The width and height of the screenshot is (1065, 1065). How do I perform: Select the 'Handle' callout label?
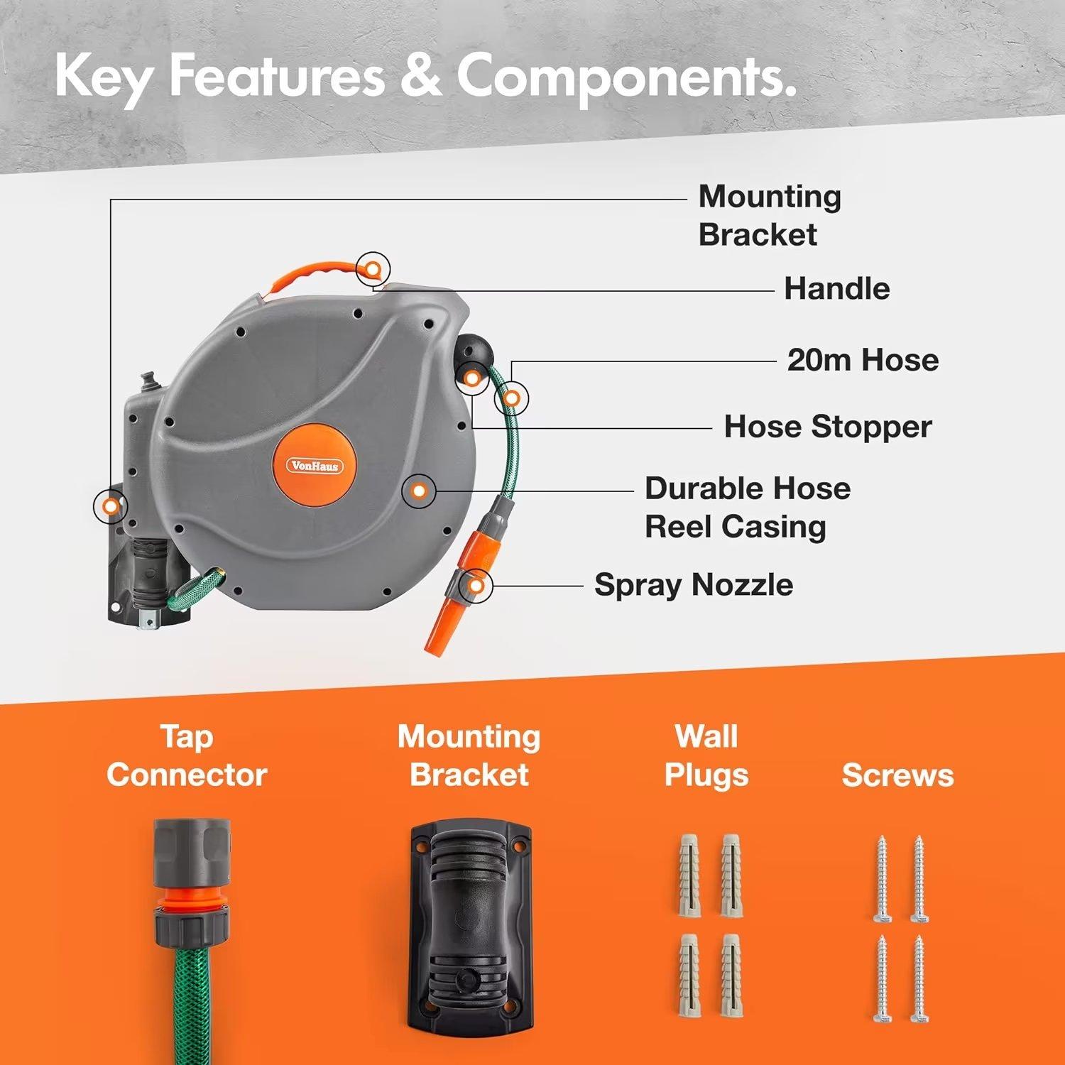tap(836, 289)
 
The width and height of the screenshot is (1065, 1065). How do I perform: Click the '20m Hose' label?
tap(863, 360)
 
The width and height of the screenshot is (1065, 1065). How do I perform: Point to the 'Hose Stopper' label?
tap(827, 427)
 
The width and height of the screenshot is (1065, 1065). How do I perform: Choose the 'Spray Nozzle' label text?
tap(693, 585)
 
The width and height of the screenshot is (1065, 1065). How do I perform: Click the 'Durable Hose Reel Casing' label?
tap(747, 508)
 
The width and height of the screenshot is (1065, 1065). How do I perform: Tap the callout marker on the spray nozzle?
tap(476, 586)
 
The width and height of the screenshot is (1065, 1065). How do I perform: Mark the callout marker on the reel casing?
tap(420, 491)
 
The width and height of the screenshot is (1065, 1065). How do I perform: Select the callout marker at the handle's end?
tap(373, 268)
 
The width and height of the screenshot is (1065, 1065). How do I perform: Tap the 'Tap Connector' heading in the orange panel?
tap(187, 755)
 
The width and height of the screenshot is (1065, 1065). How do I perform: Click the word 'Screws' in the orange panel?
tap(897, 775)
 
